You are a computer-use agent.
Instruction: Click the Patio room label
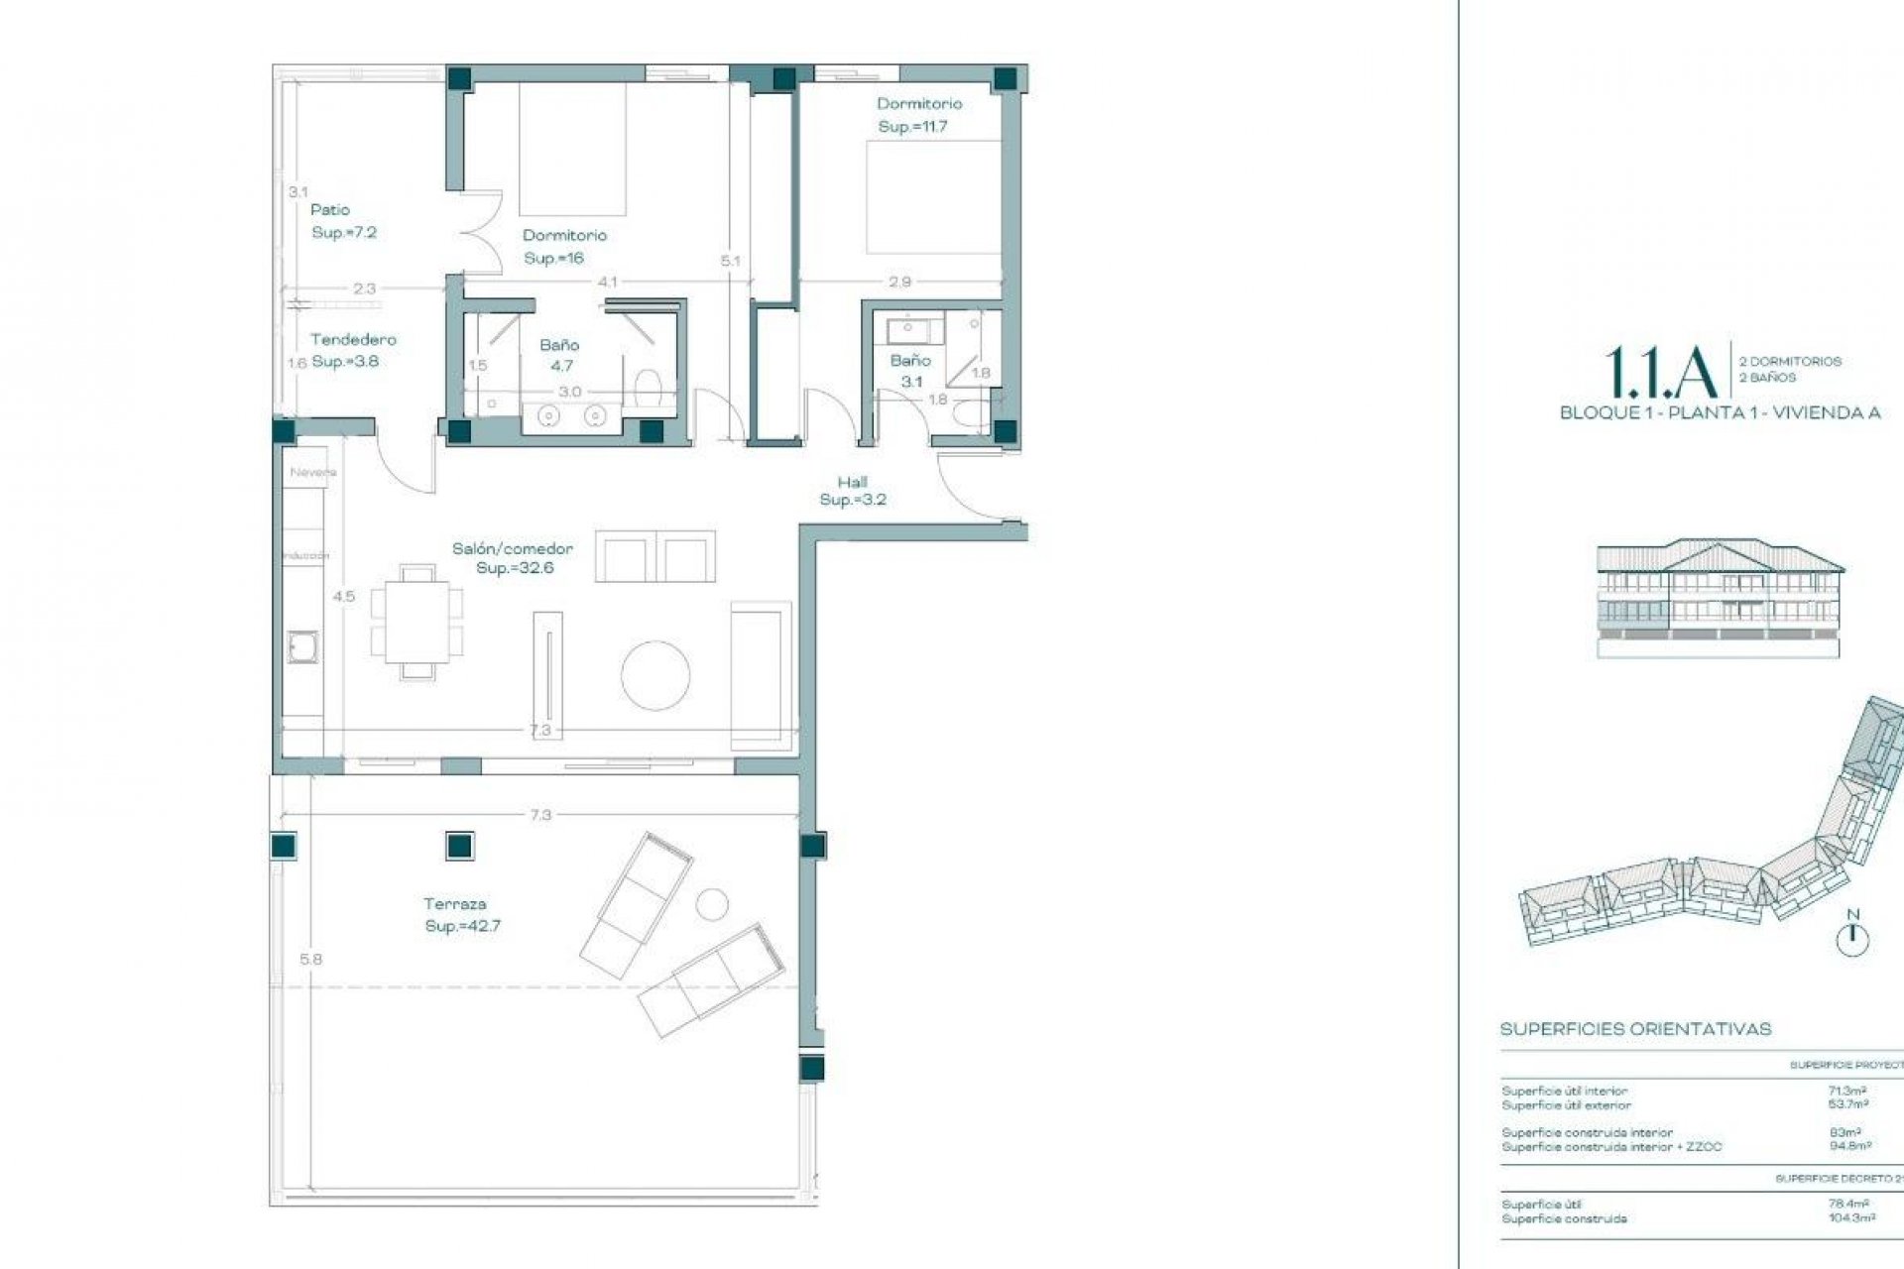pyautogui.click(x=330, y=210)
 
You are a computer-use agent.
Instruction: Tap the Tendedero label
pyautogui.click(x=353, y=340)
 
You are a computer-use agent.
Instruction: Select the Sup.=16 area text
pyautogui.click(x=554, y=258)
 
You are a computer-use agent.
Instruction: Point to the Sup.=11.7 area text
pyautogui.click(x=912, y=127)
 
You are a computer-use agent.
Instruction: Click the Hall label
pyautogui.click(x=852, y=482)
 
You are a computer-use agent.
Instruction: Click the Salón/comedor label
pyautogui.click(x=513, y=548)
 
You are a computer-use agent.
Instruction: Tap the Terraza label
pyautogui.click(x=455, y=904)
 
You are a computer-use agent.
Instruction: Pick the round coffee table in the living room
pyautogui.click(x=655, y=675)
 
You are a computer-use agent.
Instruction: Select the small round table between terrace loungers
pyautogui.click(x=711, y=903)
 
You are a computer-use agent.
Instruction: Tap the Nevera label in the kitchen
pyautogui.click(x=313, y=473)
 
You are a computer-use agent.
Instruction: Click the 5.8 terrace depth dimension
pyautogui.click(x=310, y=960)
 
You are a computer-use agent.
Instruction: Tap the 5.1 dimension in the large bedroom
pyautogui.click(x=731, y=261)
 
